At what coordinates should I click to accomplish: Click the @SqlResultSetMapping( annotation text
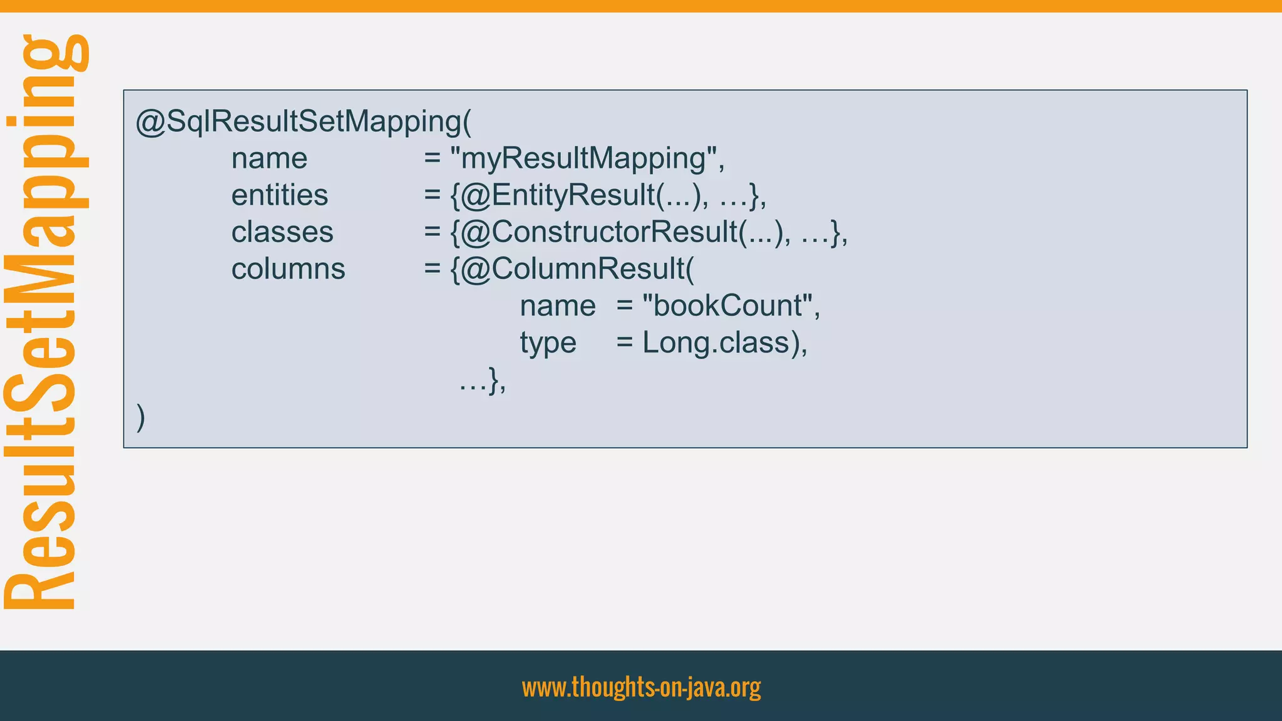tap(304, 121)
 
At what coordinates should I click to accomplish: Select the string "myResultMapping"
tap(587, 158)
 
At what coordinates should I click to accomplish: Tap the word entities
tap(279, 195)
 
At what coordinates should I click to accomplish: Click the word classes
tap(282, 232)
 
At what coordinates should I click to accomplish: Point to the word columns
tap(288, 269)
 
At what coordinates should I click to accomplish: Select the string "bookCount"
tap(729, 306)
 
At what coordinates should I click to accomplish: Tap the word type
tap(548, 343)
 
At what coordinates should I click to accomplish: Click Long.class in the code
tap(716, 343)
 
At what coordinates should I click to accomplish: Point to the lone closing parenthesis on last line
tap(141, 417)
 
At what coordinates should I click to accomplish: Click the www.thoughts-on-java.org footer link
tap(641, 687)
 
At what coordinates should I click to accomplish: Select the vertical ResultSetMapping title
tap(44, 322)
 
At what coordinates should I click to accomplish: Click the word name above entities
tap(269, 158)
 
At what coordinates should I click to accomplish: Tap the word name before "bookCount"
tap(557, 306)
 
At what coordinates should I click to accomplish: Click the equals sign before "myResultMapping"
tap(432, 158)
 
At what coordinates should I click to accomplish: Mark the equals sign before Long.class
tap(624, 343)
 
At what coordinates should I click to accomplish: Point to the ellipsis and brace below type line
tap(482, 381)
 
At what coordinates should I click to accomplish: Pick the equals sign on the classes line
tap(432, 232)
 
